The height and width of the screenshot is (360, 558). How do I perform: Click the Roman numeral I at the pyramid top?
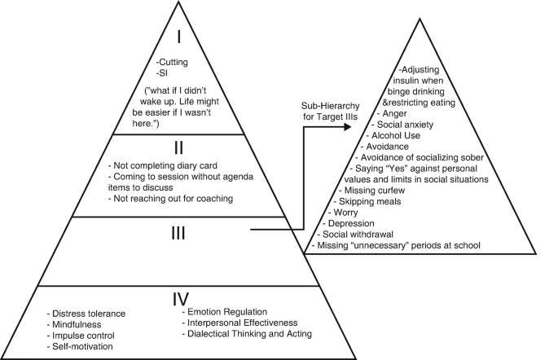click(185, 38)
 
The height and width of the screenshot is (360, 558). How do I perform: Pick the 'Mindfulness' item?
click(79, 324)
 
